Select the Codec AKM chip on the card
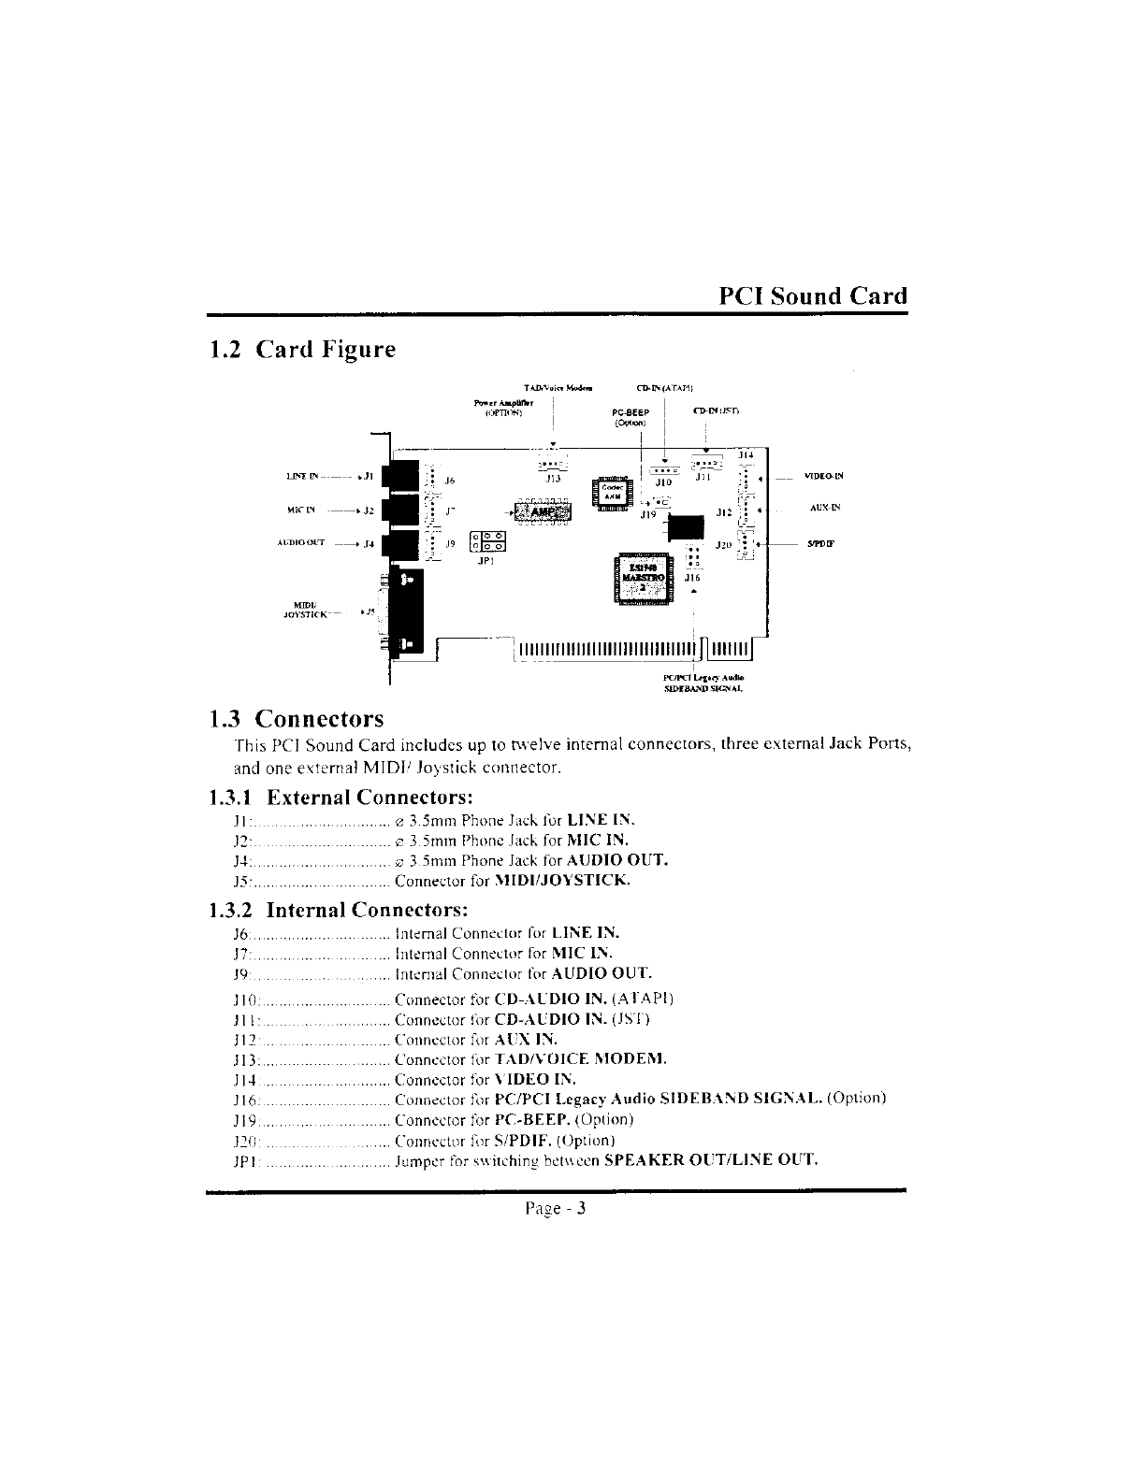[x=613, y=492]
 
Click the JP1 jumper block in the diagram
[x=486, y=543]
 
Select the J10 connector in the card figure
[x=663, y=470]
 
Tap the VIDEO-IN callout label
[x=823, y=476]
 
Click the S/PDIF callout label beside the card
[x=826, y=543]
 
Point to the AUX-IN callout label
[x=828, y=510]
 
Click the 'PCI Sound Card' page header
[x=812, y=296]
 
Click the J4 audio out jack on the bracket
[x=400, y=545]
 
